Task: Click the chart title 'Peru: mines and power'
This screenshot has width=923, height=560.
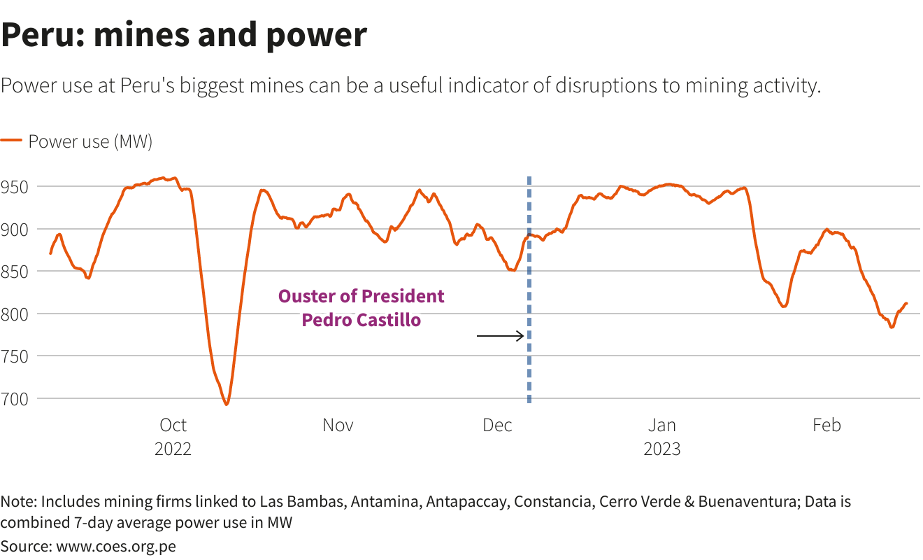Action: (x=184, y=35)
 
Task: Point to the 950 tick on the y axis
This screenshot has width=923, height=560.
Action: (x=14, y=187)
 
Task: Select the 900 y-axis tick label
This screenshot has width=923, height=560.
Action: (x=14, y=229)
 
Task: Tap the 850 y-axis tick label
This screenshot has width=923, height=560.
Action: (x=14, y=272)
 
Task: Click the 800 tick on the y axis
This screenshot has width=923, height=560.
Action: (x=14, y=314)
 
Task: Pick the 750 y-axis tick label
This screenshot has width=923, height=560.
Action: (x=14, y=356)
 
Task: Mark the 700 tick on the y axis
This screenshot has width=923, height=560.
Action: (x=14, y=399)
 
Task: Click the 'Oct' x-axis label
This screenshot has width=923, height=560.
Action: (x=173, y=425)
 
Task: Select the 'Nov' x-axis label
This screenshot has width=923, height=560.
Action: (x=338, y=425)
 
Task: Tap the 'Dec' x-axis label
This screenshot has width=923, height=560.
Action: (x=498, y=425)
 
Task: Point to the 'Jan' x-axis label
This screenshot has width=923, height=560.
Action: (x=661, y=425)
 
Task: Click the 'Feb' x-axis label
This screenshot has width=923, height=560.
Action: (x=827, y=425)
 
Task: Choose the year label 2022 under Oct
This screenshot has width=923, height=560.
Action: (x=173, y=449)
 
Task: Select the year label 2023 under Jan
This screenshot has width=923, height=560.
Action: (x=661, y=449)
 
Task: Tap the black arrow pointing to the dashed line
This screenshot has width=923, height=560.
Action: (x=500, y=336)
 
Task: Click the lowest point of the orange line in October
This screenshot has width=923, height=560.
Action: (x=226, y=404)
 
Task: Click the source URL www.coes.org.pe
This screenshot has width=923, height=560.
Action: (x=115, y=546)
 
